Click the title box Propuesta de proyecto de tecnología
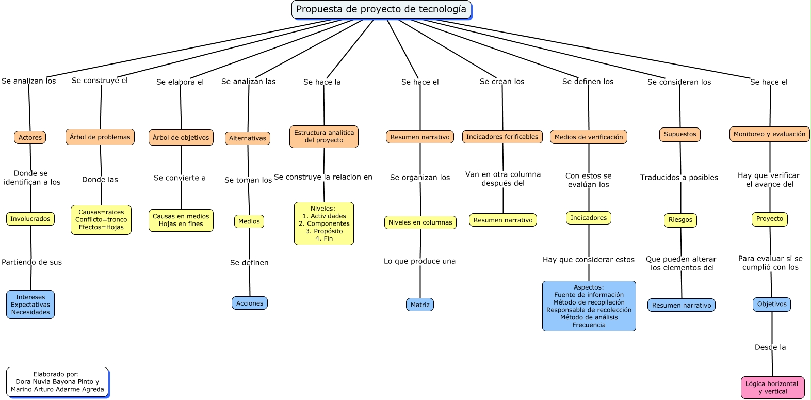click(381, 9)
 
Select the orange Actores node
click(30, 137)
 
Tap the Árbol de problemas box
click(100, 137)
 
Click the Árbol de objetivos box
click(181, 137)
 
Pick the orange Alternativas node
click(248, 138)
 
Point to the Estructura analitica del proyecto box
click(324, 136)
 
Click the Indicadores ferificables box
click(502, 137)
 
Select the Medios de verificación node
click(589, 137)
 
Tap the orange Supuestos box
click(680, 134)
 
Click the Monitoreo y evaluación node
click(769, 134)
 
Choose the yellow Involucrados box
click(30, 219)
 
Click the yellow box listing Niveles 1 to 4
click(324, 223)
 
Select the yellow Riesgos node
click(680, 220)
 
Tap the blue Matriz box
click(420, 305)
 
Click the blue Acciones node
click(250, 303)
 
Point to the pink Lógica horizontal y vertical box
click(772, 387)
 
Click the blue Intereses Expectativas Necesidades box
click(30, 305)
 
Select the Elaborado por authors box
click(57, 382)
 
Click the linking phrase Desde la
click(770, 347)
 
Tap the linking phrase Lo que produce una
click(419, 261)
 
